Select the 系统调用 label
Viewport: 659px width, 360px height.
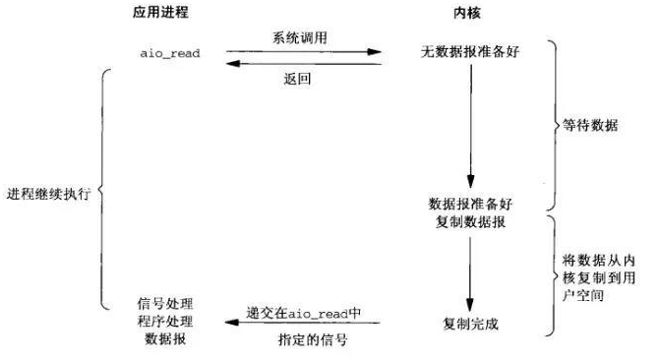(x=302, y=36)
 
